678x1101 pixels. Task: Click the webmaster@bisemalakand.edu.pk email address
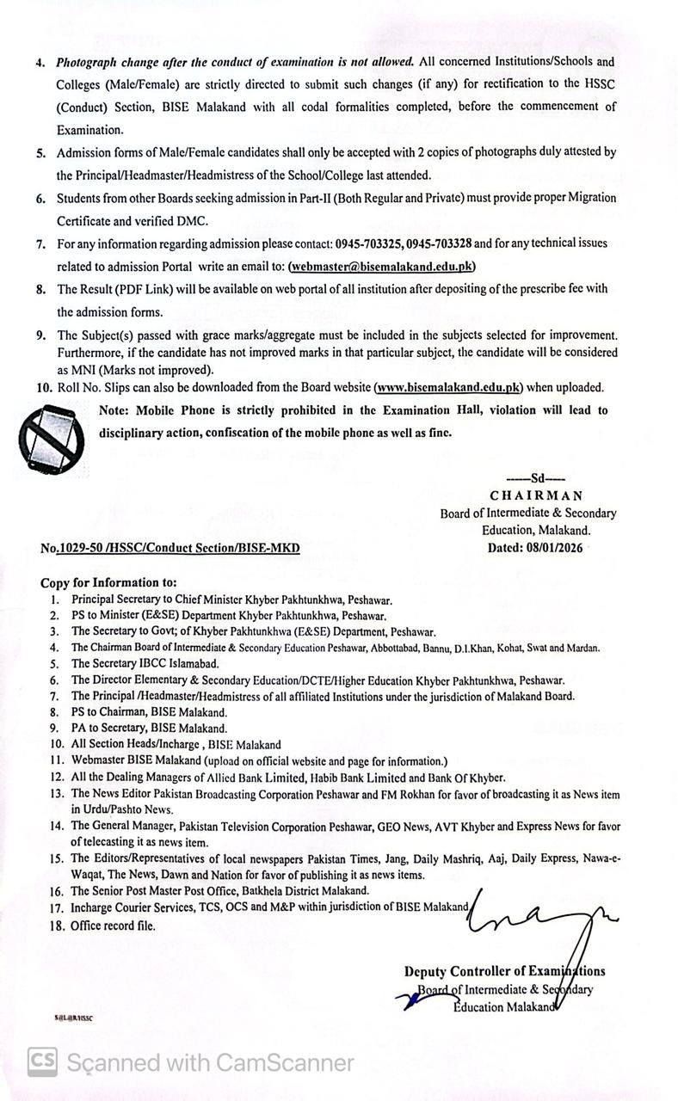(382, 267)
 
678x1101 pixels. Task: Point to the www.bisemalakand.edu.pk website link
(449, 388)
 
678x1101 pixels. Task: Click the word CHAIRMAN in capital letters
(536, 495)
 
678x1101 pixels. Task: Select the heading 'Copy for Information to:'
(108, 582)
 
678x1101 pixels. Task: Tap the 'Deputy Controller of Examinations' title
(504, 971)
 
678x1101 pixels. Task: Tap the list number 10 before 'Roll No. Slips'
(45, 388)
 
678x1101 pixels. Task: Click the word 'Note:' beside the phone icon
(117, 410)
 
